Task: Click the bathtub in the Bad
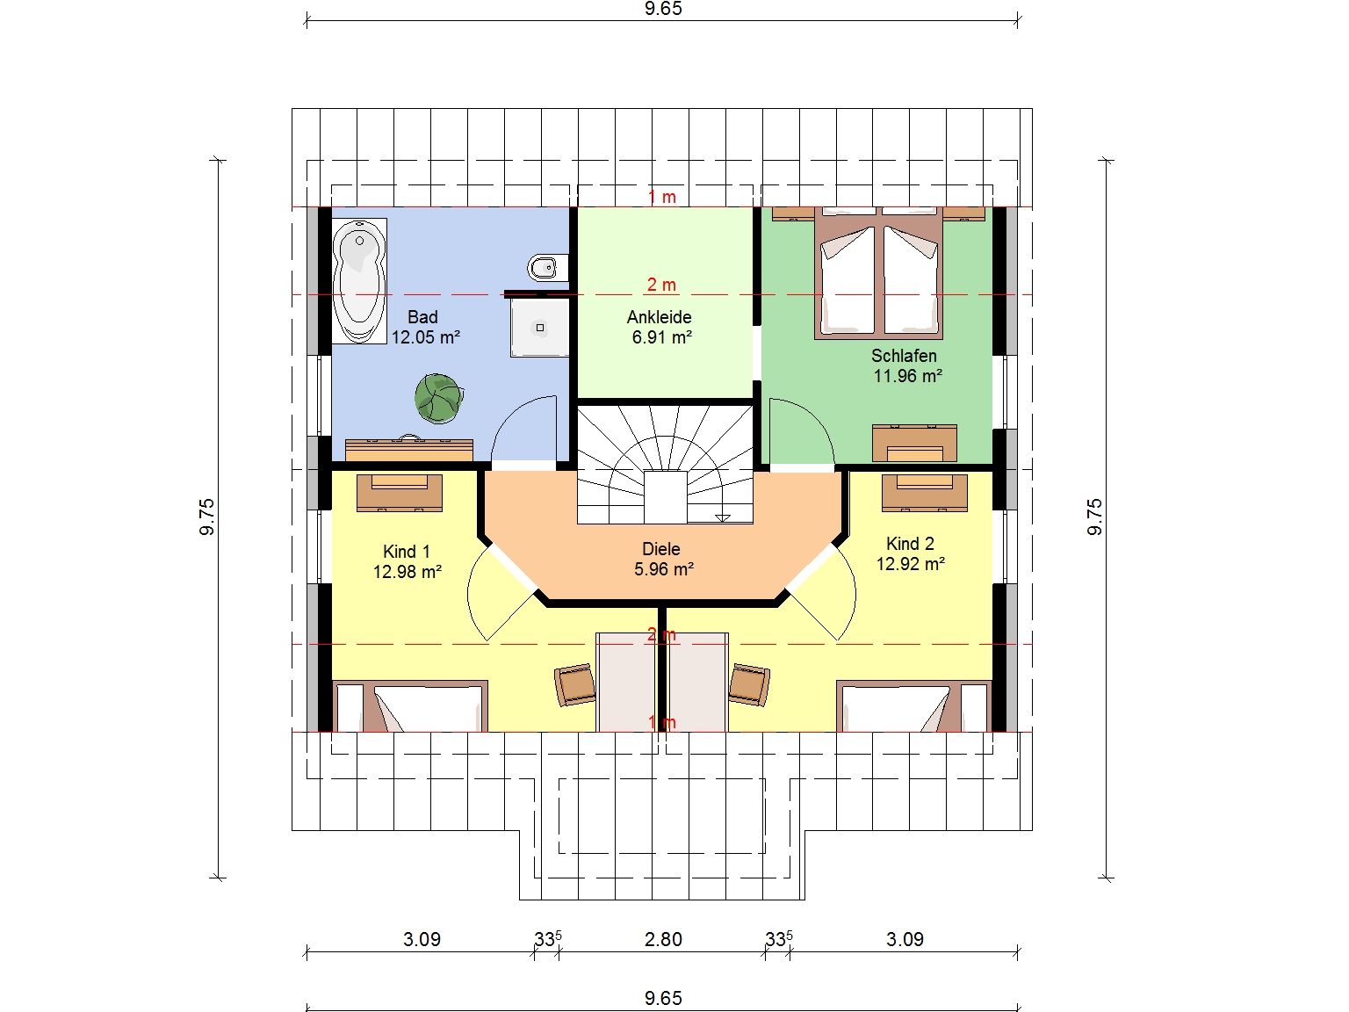(359, 281)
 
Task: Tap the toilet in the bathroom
(547, 267)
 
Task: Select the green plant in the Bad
(439, 399)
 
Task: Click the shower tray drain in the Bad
(540, 328)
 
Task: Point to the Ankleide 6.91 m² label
(660, 327)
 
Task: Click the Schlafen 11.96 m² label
(905, 365)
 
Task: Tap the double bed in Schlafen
(879, 273)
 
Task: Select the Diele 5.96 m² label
(663, 560)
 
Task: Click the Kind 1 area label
(407, 561)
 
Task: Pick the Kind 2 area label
(910, 553)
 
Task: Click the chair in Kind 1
(575, 683)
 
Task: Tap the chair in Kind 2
(749, 683)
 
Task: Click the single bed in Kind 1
(410, 706)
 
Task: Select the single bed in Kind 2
(914, 706)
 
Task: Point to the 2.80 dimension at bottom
(663, 939)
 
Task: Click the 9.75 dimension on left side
(207, 517)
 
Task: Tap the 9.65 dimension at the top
(663, 9)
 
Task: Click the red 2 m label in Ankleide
(661, 285)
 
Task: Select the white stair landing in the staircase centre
(665, 497)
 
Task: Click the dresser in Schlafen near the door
(914, 443)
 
